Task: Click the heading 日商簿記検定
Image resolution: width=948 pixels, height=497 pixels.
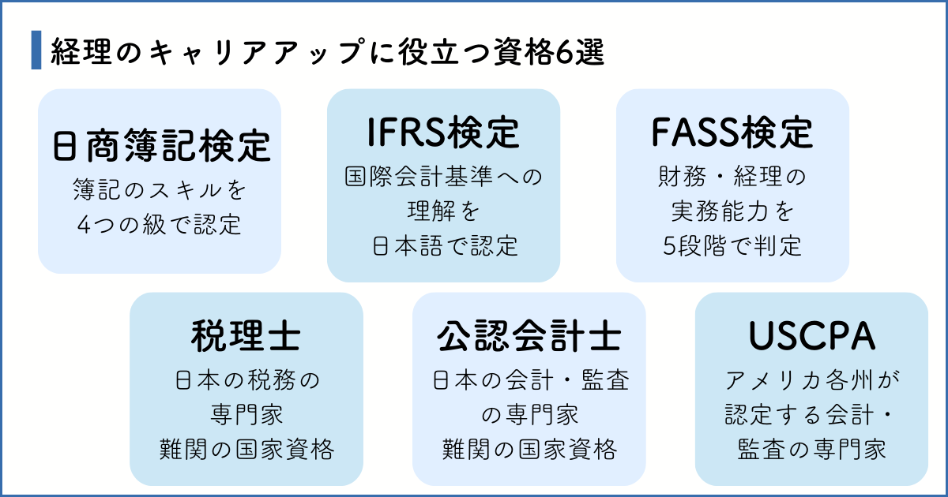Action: [160, 147]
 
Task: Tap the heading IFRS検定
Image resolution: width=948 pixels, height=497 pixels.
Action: [443, 133]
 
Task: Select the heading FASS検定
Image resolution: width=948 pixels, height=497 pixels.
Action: [732, 133]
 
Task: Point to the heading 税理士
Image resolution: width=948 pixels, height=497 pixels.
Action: [246, 337]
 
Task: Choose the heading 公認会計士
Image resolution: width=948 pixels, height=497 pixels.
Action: [529, 337]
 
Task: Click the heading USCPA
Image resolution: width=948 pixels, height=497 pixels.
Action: [811, 337]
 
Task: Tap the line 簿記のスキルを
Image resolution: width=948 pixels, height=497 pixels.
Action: [160, 190]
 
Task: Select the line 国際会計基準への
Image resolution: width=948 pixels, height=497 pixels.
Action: [443, 176]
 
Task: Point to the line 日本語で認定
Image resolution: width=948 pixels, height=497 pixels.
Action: [443, 245]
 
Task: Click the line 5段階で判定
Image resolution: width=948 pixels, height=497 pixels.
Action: [732, 245]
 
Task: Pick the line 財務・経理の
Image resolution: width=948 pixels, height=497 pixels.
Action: [732, 176]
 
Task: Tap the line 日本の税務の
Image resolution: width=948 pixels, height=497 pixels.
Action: [246, 380]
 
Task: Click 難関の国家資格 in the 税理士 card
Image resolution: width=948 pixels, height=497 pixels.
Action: [246, 450]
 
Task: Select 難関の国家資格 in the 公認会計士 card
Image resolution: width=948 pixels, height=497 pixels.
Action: [529, 450]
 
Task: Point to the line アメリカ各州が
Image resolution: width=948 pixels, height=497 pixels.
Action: [811, 380]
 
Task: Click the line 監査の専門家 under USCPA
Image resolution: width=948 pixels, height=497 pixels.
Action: [811, 450]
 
